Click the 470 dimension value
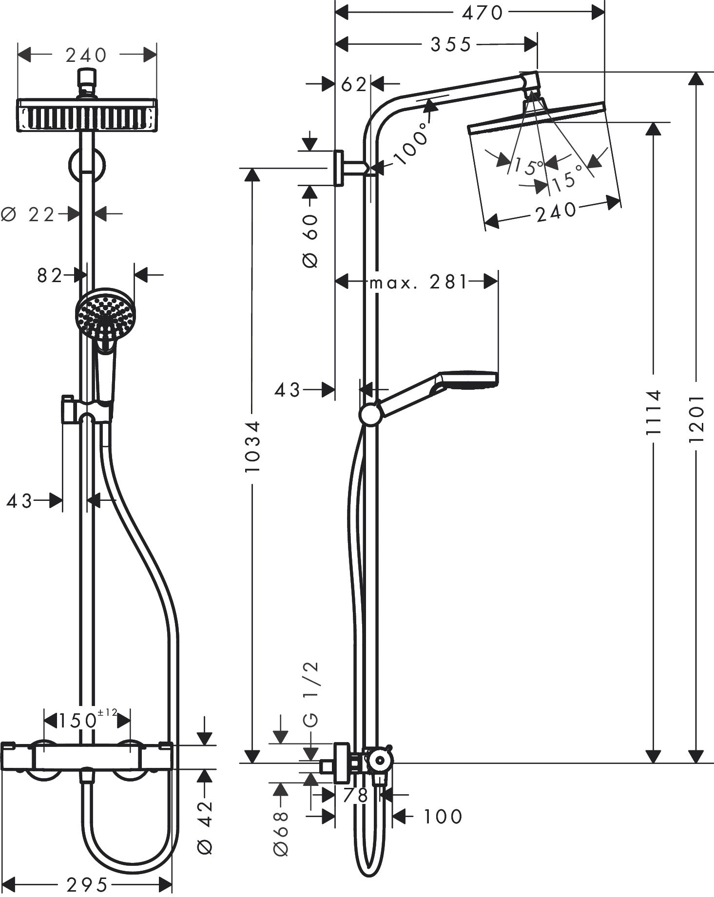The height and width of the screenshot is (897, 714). [482, 13]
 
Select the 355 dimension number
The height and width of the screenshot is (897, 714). [451, 45]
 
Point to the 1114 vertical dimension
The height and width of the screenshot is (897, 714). [653, 412]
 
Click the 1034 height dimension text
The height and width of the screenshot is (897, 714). [252, 447]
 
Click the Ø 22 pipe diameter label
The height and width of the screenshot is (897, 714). [28, 213]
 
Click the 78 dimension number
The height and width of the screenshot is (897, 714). [355, 795]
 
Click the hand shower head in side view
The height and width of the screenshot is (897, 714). [468, 380]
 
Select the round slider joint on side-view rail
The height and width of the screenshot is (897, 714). [370, 415]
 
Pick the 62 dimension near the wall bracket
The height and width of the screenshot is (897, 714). [353, 85]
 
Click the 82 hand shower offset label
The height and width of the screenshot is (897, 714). [50, 276]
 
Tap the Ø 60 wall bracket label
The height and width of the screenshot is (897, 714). [310, 241]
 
